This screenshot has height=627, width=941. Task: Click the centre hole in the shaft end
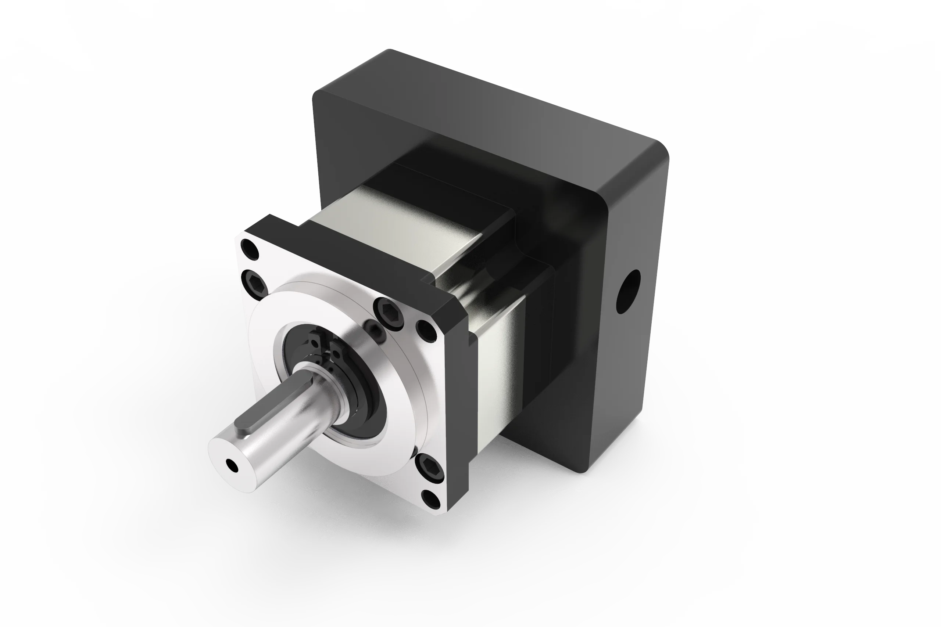coord(232,465)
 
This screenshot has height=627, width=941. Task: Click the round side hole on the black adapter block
coord(628,292)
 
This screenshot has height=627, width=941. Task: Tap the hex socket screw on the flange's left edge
coord(255,284)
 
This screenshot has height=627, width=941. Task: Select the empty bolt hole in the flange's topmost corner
coord(250,249)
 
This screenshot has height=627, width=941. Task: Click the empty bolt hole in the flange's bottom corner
coord(431,499)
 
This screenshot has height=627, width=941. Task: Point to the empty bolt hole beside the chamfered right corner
coord(427,330)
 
